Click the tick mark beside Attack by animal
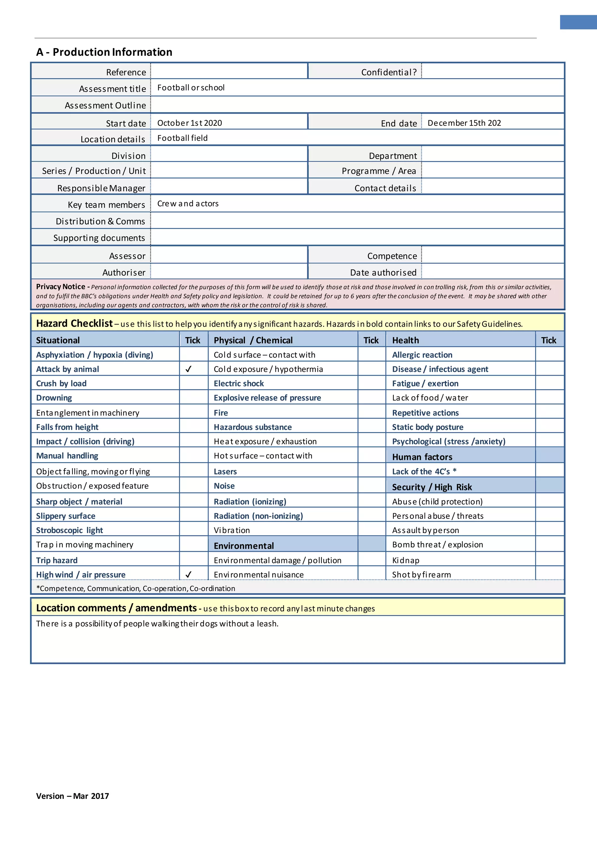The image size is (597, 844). [x=189, y=369]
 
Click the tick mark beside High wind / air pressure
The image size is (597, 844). [x=189, y=574]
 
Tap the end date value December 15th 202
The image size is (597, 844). [x=464, y=123]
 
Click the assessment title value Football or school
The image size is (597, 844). [x=191, y=87]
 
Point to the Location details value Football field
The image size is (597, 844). [x=182, y=138]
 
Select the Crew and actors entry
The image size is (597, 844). [x=188, y=203]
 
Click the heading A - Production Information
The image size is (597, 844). [x=104, y=52]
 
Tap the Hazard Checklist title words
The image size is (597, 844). [x=74, y=323]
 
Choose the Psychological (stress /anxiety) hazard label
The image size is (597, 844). [x=449, y=441]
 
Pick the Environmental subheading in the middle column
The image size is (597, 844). [x=244, y=545]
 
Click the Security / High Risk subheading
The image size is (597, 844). [x=432, y=487]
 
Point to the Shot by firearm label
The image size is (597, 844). [x=421, y=575]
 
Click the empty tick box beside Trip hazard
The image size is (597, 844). [x=193, y=560]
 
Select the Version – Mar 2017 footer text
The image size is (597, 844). [x=72, y=796]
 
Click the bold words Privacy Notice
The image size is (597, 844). [x=61, y=286]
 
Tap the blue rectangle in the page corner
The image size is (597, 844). [x=578, y=22]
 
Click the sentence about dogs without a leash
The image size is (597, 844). [x=157, y=623]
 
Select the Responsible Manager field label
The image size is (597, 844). [x=101, y=188]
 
